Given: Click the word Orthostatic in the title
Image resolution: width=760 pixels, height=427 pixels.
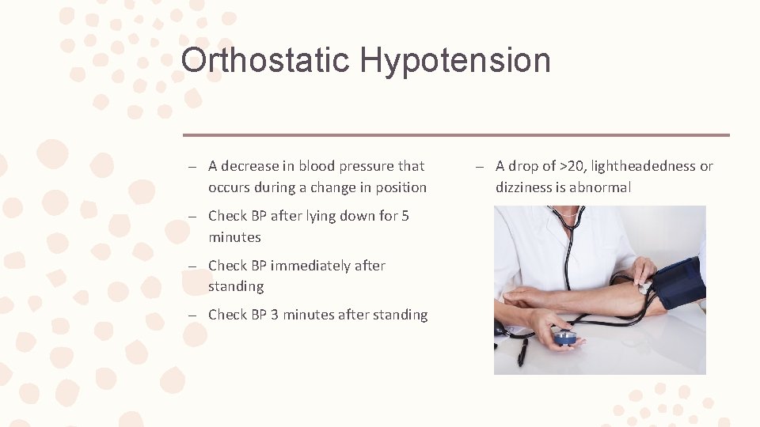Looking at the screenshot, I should (264, 60).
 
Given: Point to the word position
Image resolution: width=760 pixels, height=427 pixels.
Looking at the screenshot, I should (401, 187).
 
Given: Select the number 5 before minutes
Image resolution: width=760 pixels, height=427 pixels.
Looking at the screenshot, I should (405, 216).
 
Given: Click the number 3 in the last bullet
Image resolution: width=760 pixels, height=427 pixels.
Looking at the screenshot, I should (275, 315).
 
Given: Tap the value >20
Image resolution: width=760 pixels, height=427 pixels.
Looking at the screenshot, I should (573, 166).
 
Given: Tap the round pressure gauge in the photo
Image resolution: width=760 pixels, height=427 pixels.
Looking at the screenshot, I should (564, 338).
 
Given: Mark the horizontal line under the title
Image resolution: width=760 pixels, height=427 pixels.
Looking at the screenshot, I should (456, 134).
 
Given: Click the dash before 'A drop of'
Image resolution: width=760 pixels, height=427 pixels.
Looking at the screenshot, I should (479, 167).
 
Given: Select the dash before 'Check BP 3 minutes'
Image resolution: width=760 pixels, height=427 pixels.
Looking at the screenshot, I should (192, 316).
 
